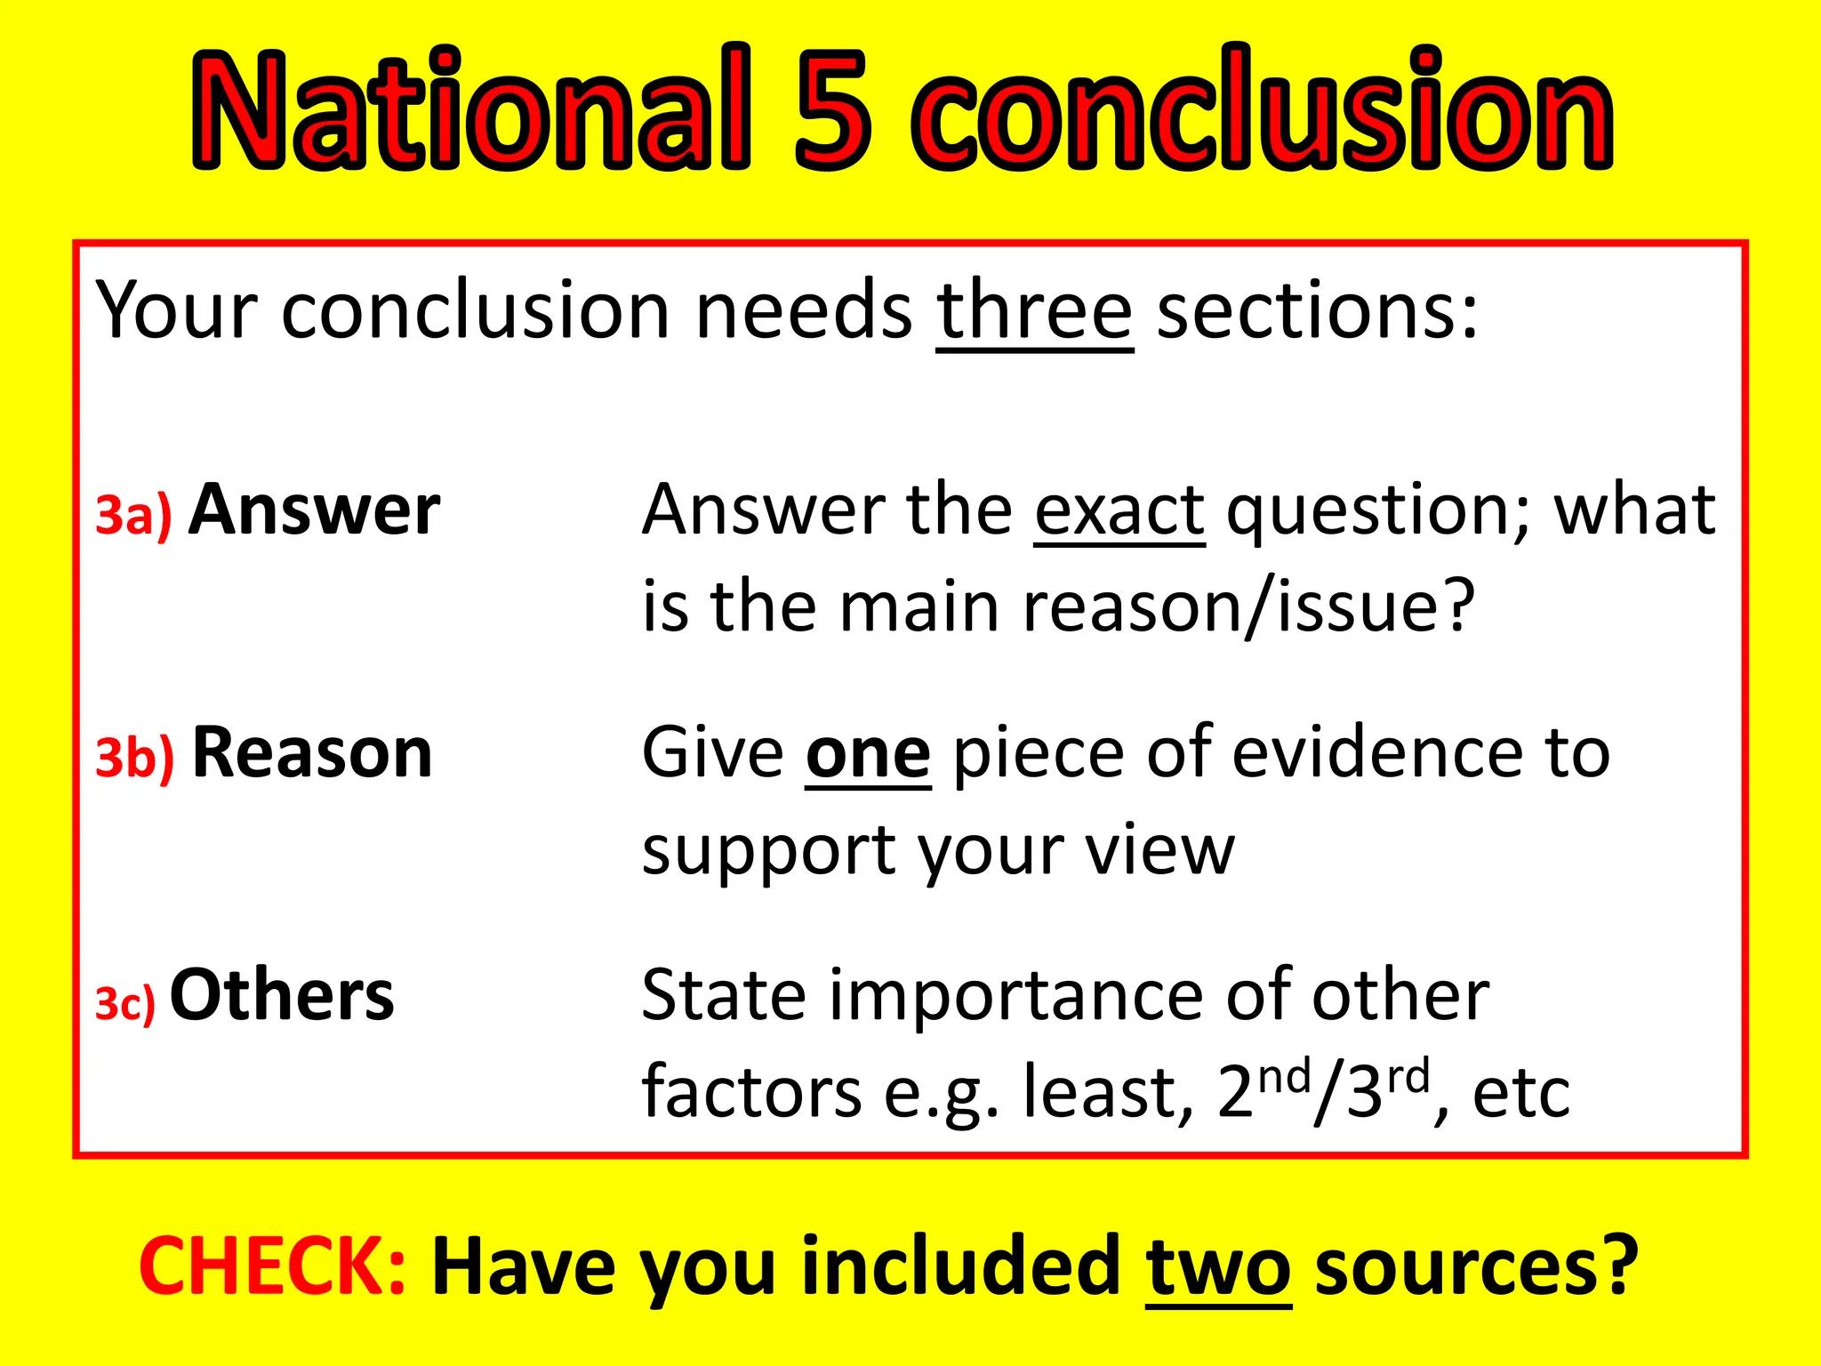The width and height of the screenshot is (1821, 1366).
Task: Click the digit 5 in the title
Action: [x=830, y=111]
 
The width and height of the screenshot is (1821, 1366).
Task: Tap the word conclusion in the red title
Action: [x=1263, y=111]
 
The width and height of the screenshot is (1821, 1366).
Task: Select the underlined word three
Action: [x=1034, y=311]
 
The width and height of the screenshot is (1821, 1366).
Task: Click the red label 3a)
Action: [x=133, y=516]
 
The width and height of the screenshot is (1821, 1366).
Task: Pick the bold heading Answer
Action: [x=315, y=510]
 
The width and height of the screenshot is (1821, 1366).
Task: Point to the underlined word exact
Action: [x=1119, y=510]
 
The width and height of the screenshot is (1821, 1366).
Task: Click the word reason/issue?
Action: [x=1249, y=607]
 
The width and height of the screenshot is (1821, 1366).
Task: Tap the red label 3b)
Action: [x=135, y=758]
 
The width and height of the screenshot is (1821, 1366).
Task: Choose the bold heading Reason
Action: [x=312, y=753]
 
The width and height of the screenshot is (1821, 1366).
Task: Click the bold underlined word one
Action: [x=868, y=753]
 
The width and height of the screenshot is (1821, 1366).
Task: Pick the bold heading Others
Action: [x=282, y=995]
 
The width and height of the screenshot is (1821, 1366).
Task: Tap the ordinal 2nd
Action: [x=1263, y=1089]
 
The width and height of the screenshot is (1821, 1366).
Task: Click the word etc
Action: [x=1521, y=1094]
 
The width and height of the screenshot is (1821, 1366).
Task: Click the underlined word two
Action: [x=1218, y=1266]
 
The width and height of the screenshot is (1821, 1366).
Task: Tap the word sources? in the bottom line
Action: [x=1476, y=1266]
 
